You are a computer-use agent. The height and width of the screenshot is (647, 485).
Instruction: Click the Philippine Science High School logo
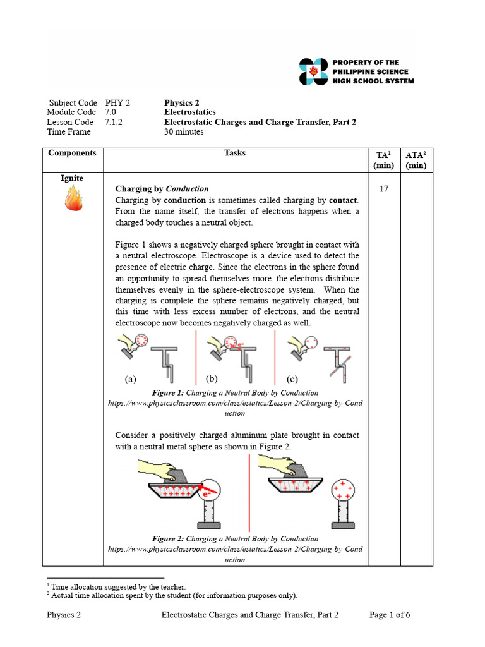point(314,71)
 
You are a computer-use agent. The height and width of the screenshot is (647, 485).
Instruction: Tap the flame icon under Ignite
point(73,198)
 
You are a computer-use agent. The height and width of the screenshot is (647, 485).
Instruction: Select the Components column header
point(72,153)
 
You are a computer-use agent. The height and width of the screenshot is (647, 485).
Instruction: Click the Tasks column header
point(235,153)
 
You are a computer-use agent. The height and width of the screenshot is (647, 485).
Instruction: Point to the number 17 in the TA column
point(383,189)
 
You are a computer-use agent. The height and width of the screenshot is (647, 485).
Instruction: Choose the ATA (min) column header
point(416,160)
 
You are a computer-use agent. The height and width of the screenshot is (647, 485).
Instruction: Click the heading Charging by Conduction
point(162,189)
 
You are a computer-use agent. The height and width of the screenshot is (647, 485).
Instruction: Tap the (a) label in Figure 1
point(131,379)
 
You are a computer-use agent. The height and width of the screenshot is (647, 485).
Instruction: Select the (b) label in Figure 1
point(212,378)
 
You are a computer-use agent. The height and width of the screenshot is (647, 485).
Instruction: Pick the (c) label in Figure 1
point(292,379)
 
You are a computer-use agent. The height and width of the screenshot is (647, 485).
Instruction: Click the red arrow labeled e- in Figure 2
point(208,488)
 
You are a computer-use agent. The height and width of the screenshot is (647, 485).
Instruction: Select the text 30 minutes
point(184,132)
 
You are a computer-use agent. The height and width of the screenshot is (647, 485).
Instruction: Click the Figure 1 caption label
point(168,393)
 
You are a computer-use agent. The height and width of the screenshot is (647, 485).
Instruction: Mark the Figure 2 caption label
point(168,539)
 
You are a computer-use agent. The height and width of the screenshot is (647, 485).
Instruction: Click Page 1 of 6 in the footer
point(390,614)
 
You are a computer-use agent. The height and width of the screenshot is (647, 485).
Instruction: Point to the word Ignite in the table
point(72,178)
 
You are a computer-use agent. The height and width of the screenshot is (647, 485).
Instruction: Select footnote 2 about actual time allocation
point(172,595)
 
